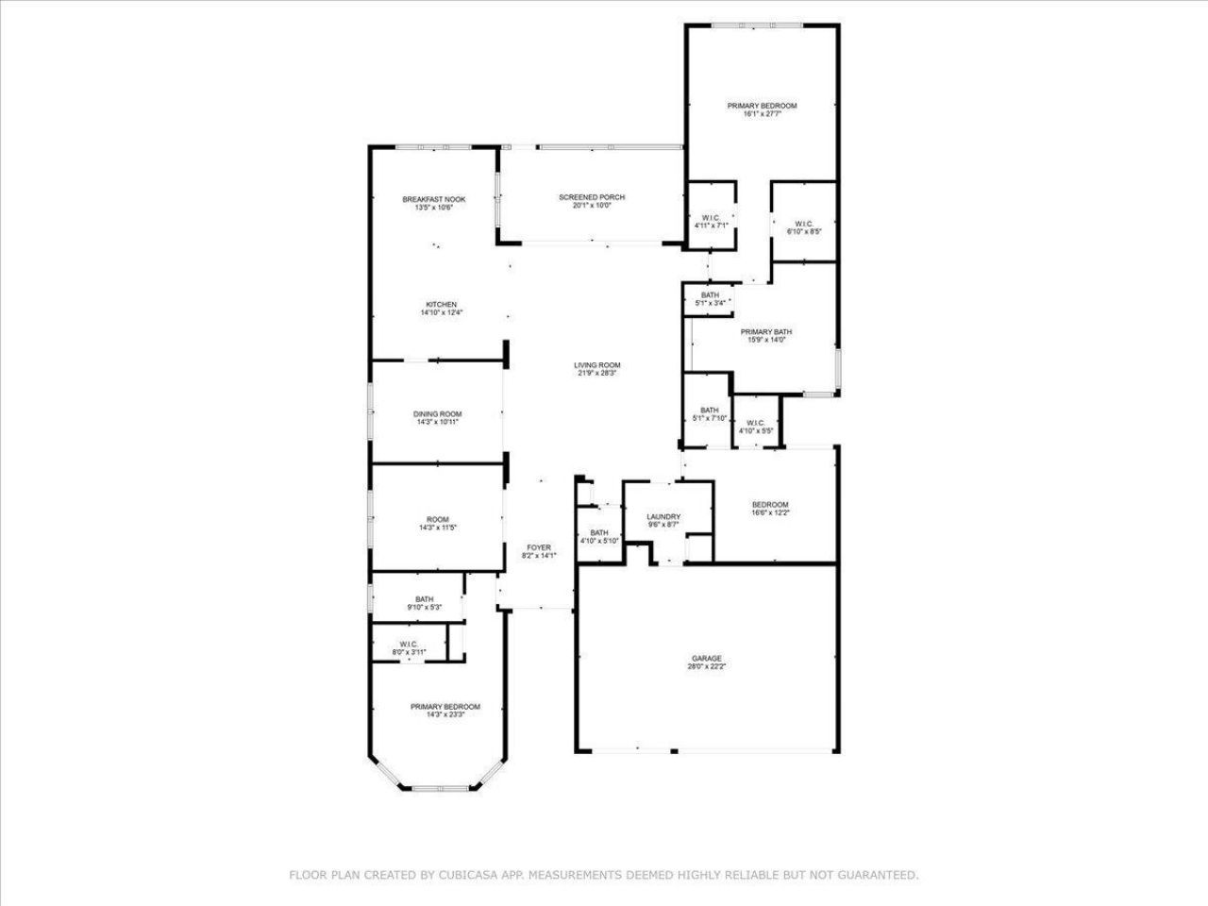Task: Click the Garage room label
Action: pos(706,659)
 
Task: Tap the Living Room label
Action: pos(597,365)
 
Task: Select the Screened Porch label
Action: pos(592,197)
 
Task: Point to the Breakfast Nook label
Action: pos(434,199)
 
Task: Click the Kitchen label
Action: pos(441,305)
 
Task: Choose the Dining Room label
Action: pos(438,414)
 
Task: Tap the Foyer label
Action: pos(539,547)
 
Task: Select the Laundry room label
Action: pos(663,517)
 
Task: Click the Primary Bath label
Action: pos(765,331)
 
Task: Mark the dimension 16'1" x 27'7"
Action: pos(762,114)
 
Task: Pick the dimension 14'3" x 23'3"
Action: pos(445,715)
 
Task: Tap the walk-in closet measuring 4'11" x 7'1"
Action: pos(711,222)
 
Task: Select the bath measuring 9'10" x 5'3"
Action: pos(425,602)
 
